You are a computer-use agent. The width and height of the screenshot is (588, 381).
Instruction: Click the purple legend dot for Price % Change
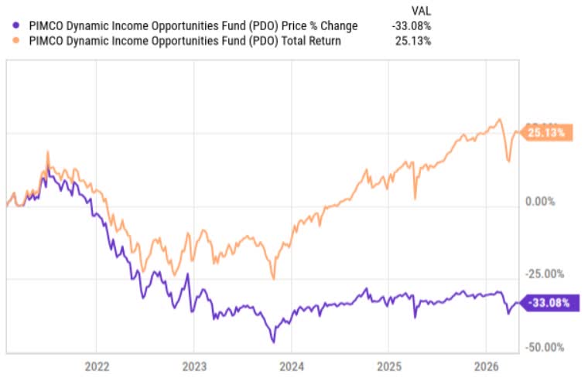(x=15, y=26)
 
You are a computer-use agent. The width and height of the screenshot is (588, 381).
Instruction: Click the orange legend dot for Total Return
(x=15, y=40)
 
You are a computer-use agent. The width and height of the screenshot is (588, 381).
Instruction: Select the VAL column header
(x=421, y=11)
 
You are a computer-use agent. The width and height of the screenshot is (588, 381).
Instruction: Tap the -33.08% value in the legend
(x=412, y=26)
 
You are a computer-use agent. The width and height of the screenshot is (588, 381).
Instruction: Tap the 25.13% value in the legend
(x=413, y=41)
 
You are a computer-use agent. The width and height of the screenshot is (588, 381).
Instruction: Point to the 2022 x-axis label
(x=97, y=366)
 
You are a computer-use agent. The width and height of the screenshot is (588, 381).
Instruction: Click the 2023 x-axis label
(x=194, y=366)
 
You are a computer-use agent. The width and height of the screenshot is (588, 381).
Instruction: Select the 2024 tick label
(x=292, y=366)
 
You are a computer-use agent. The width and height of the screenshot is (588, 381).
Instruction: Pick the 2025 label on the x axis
(x=389, y=366)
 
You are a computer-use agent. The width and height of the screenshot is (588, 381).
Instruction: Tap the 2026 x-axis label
(x=487, y=366)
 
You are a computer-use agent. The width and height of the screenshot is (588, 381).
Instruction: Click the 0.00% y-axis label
(x=540, y=202)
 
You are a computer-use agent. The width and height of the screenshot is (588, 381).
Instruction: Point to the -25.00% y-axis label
(x=545, y=274)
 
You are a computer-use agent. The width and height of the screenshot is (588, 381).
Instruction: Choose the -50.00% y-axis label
(x=545, y=347)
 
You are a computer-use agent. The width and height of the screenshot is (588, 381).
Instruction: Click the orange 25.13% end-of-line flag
(x=547, y=133)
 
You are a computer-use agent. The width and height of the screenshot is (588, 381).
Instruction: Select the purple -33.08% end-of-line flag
(x=550, y=303)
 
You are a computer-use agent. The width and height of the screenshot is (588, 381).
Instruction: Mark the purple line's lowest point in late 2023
(x=273, y=342)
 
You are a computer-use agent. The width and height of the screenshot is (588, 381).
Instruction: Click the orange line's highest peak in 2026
(x=499, y=120)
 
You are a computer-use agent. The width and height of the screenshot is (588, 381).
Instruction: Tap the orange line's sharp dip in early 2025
(x=415, y=199)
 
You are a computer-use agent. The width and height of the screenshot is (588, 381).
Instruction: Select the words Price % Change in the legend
(x=320, y=26)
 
